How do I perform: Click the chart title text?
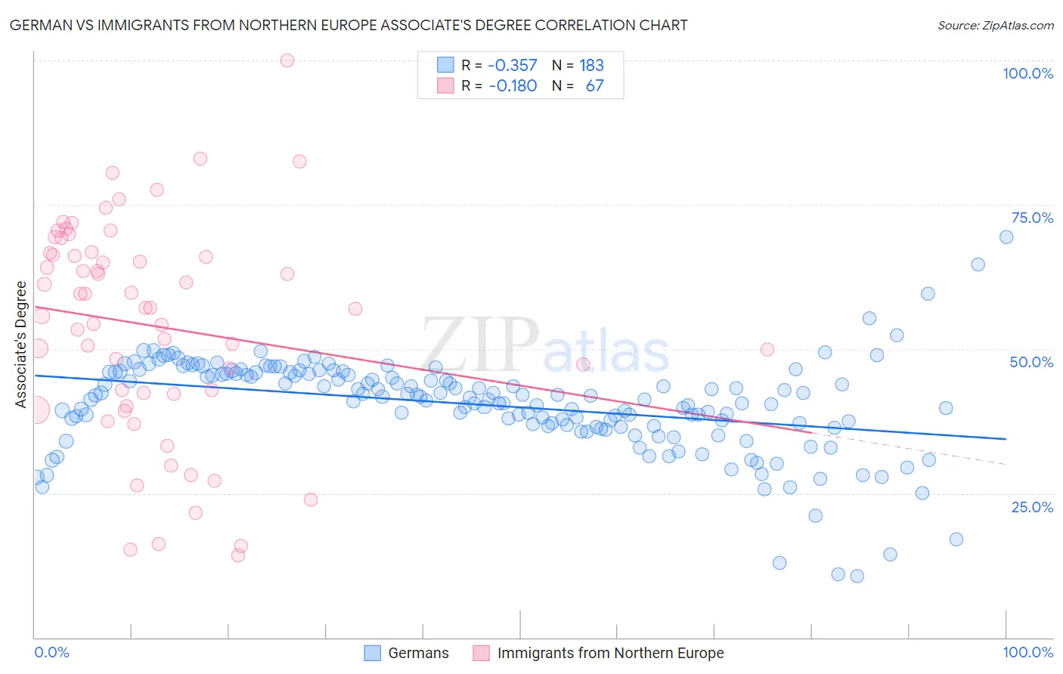348,25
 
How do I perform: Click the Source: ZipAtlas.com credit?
995,25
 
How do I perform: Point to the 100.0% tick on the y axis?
1027,73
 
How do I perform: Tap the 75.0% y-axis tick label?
1032,218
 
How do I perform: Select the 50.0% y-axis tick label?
1031,362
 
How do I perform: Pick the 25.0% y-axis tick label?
1032,506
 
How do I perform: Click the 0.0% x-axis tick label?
52,652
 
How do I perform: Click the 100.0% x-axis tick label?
1027,652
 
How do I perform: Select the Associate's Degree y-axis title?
21,344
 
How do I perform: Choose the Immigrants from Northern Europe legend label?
610,653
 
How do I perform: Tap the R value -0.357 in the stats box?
512,65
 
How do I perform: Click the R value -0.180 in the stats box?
513,85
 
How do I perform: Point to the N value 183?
591,65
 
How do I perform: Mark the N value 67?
594,85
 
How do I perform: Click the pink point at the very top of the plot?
287,60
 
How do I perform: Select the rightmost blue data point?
1006,237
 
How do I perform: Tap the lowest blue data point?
857,576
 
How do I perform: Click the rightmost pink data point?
767,349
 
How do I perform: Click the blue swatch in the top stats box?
445,65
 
